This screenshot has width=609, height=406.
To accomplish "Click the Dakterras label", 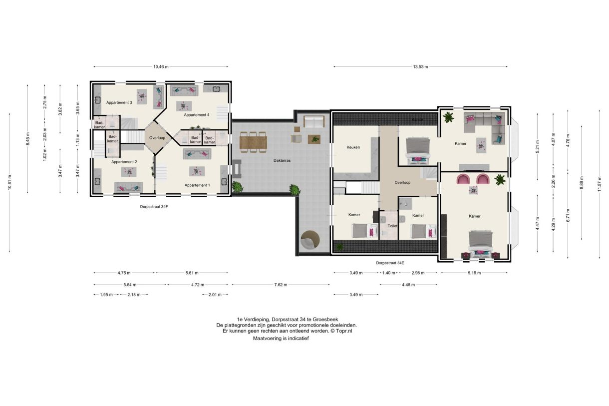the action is [282, 160].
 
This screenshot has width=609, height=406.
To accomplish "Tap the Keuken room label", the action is [353, 147].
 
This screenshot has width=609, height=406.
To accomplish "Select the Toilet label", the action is [392, 226].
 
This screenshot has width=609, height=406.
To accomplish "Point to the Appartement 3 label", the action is [119, 102].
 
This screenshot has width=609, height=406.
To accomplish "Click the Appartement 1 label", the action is [197, 185].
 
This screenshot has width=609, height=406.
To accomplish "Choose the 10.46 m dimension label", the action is [161, 66].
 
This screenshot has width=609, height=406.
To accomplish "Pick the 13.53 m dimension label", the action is [421, 66].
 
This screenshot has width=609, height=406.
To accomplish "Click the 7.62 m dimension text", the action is [281, 285].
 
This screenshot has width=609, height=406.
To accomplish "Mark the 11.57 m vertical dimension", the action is [599, 184].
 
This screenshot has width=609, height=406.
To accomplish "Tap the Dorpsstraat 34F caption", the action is [154, 207].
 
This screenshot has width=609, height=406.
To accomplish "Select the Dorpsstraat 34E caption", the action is [390, 263].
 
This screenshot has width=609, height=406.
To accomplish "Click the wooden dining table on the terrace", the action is [253, 142].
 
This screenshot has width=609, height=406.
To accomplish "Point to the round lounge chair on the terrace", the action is [310, 239].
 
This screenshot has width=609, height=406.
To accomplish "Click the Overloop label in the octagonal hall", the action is [157, 138].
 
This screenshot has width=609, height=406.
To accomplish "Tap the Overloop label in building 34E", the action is [402, 182].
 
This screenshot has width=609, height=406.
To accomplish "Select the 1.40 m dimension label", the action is [388, 273].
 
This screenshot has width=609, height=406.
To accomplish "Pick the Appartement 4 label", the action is [197, 115].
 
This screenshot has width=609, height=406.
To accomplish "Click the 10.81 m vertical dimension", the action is [9, 182].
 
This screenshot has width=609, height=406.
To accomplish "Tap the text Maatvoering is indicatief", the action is [281, 339].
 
